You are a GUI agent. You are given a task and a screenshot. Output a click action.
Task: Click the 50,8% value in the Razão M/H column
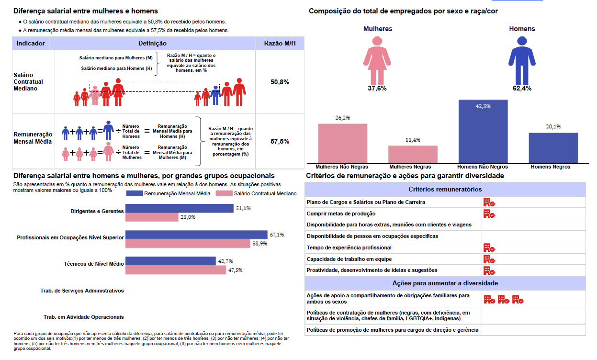(x=280, y=82)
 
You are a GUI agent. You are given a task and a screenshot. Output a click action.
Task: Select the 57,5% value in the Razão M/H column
(x=280, y=141)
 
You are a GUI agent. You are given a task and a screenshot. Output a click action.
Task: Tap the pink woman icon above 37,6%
(x=377, y=59)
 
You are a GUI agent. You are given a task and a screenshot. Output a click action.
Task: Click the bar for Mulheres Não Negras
(x=343, y=143)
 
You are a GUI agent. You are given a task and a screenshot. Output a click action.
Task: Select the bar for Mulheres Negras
(x=413, y=154)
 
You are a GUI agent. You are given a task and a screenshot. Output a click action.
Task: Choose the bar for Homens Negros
(x=553, y=147)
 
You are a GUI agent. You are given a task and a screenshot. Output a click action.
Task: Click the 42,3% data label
(x=483, y=106)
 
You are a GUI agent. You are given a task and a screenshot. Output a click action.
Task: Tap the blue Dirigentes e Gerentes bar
(x=180, y=209)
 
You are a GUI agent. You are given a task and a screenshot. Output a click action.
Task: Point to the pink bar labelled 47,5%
(x=176, y=270)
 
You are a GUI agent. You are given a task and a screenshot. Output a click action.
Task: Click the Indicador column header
(x=31, y=44)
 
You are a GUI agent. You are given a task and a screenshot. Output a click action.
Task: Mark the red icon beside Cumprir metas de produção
(x=489, y=214)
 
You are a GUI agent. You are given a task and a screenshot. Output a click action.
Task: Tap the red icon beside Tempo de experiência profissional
(x=489, y=247)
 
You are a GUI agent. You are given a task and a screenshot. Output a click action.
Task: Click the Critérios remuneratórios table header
(x=445, y=190)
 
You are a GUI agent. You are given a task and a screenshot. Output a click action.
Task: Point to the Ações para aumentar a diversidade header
(x=445, y=283)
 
